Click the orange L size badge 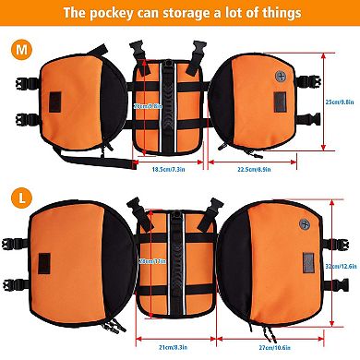click(x=18, y=197)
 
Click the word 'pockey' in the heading click(x=109, y=14)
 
